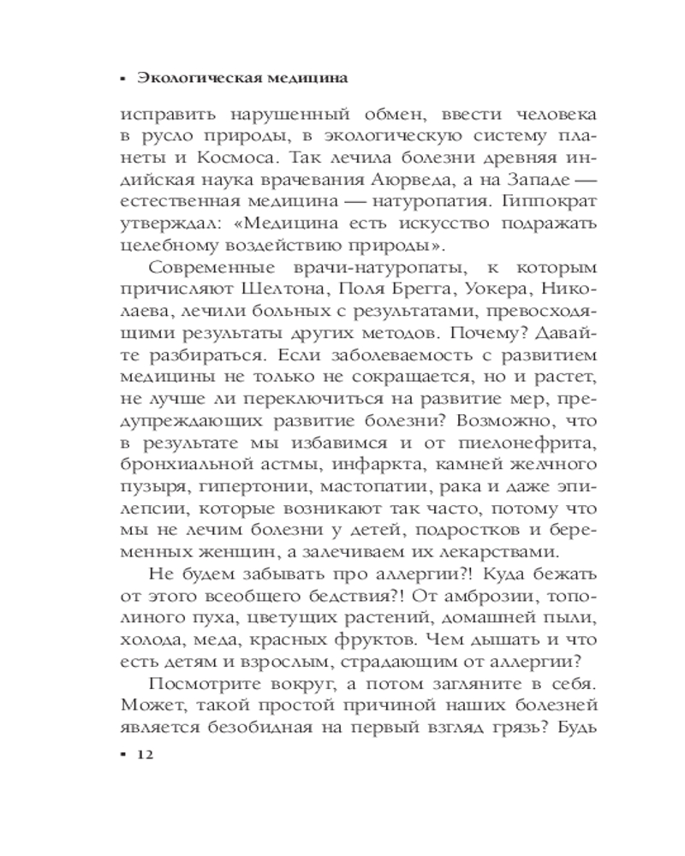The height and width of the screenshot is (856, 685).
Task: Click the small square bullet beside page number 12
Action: pyautogui.click(x=124, y=754)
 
